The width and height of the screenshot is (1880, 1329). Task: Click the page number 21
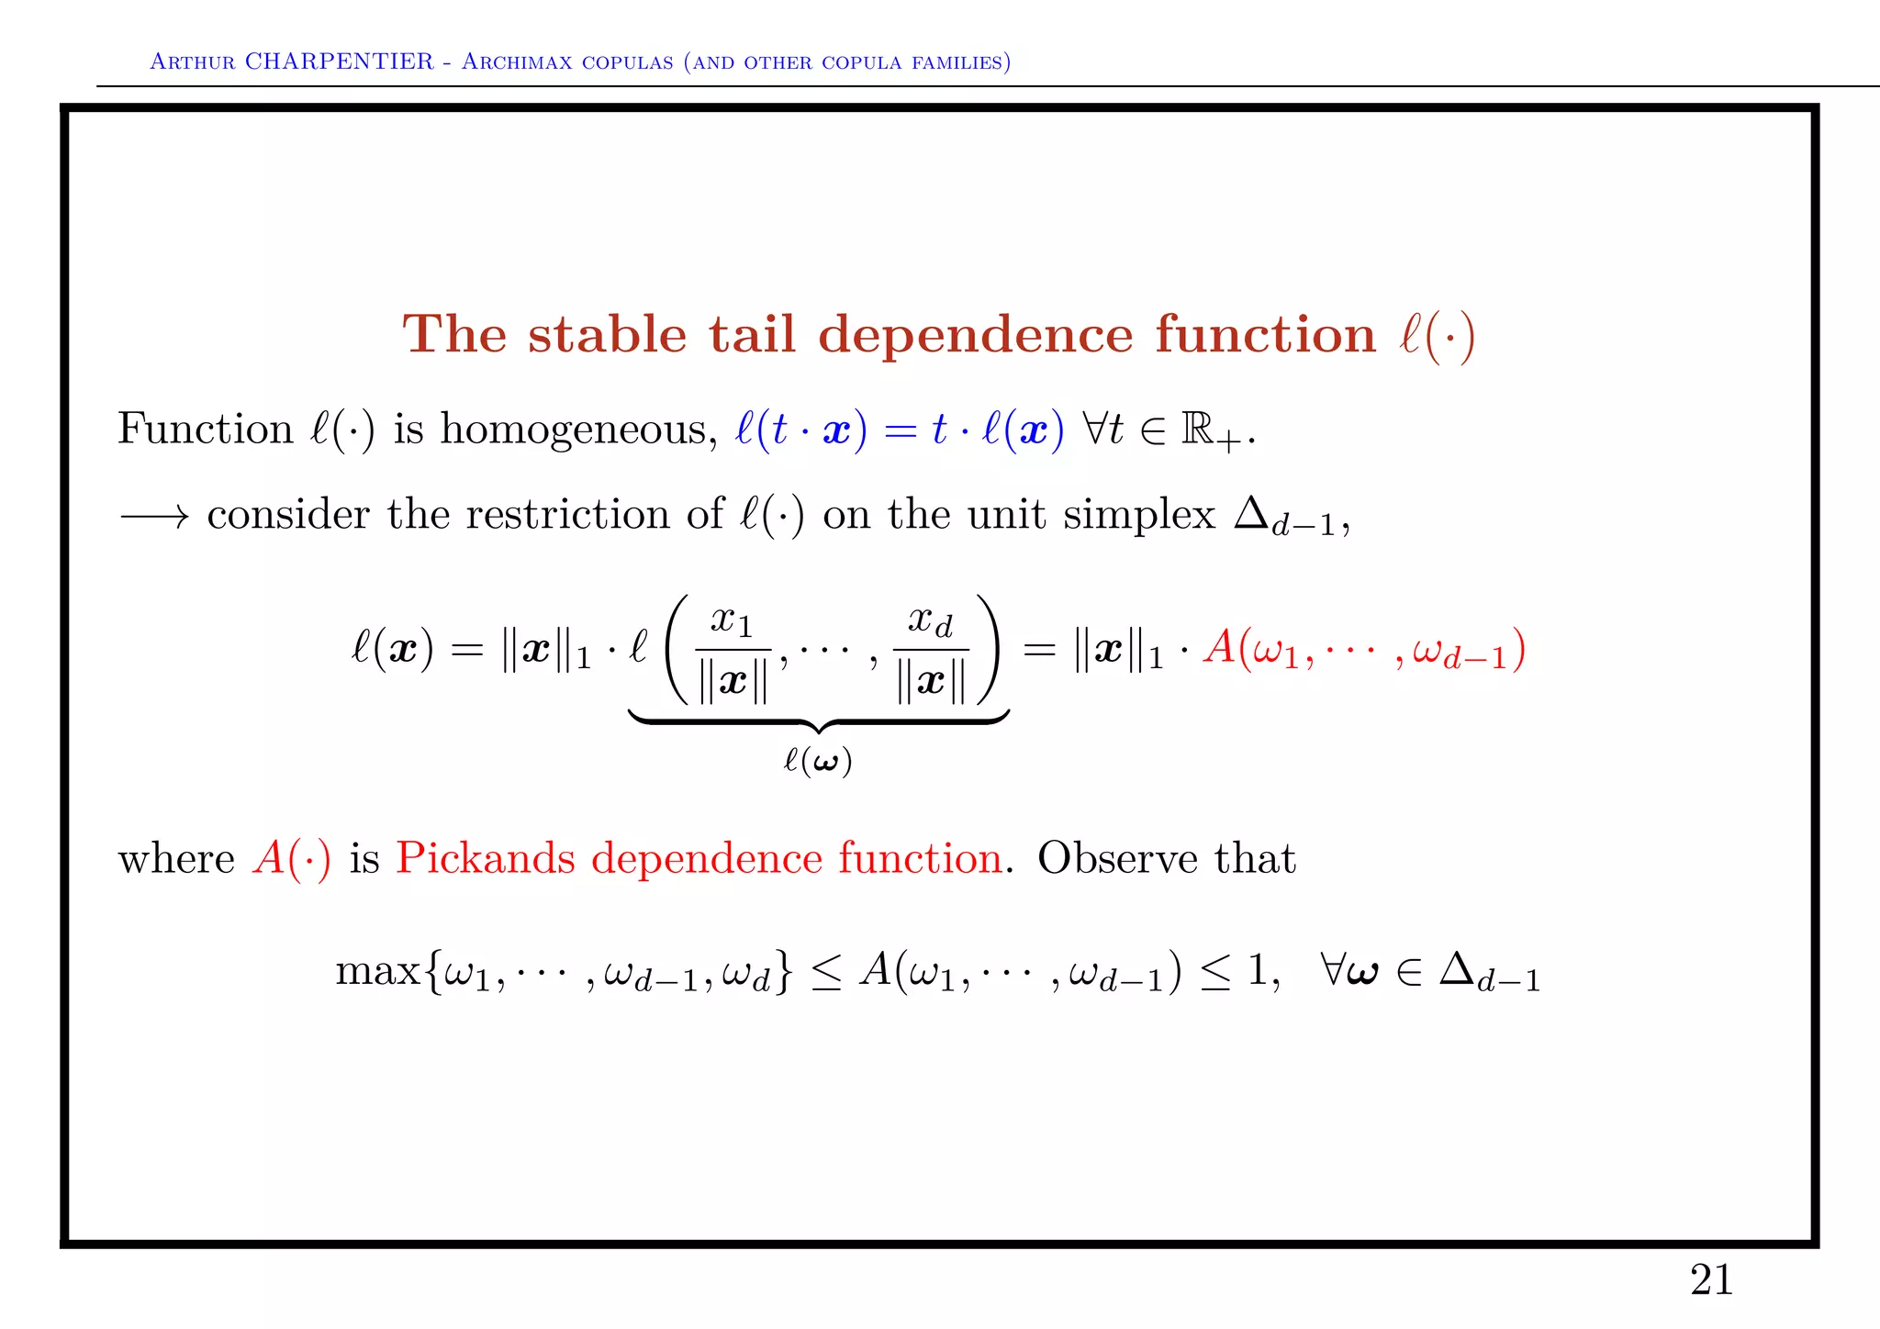tap(1710, 1279)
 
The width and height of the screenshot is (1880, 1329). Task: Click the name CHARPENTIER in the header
tap(339, 61)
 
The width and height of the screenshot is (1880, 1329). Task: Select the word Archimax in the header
tap(521, 61)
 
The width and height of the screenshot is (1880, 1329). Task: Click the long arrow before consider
tap(154, 516)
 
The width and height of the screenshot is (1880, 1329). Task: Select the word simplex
tap(1138, 514)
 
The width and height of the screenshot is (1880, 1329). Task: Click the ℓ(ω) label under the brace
tap(817, 761)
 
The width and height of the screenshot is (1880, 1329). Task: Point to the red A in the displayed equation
tap(1219, 648)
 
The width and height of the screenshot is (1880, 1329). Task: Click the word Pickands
tap(485, 859)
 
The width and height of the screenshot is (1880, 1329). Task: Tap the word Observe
tap(1117, 859)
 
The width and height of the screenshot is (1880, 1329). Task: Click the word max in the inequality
tap(377, 971)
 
